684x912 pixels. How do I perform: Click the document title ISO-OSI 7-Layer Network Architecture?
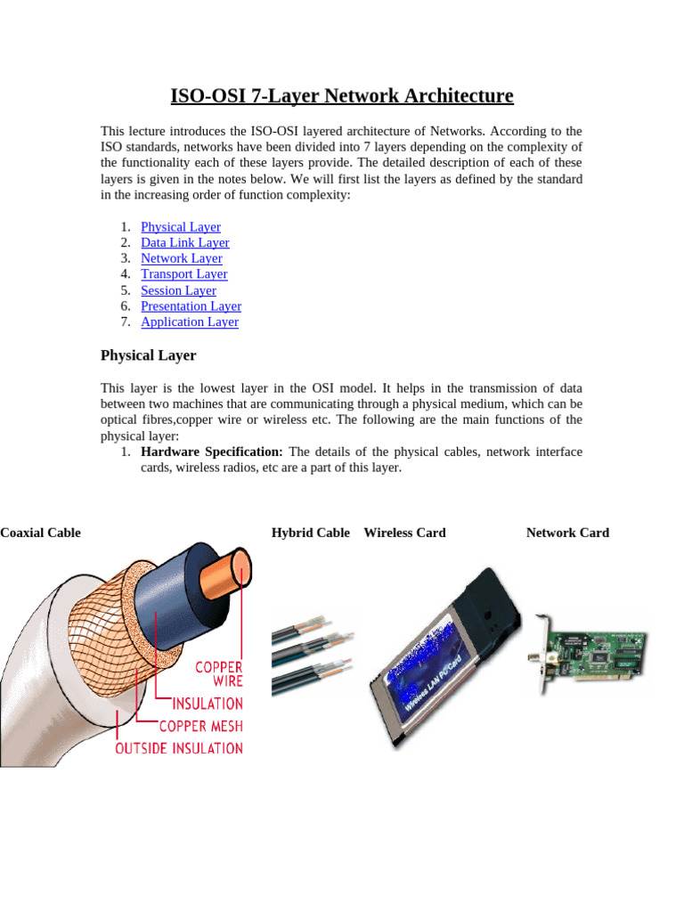342,95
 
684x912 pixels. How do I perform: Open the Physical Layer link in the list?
181,227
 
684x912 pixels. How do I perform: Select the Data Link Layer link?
185,243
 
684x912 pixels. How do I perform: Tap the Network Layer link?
182,258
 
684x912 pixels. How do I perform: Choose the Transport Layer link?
184,274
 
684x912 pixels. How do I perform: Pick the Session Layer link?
178,290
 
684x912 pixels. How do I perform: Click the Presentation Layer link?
191,306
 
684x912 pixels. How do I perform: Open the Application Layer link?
190,322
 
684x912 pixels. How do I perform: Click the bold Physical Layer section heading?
148,355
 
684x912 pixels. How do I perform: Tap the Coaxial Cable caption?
40,533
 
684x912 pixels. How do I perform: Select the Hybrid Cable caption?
311,533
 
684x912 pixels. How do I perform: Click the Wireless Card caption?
404,533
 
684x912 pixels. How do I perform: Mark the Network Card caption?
567,533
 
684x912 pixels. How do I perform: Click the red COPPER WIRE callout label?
218,673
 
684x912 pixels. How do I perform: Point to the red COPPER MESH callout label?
201,726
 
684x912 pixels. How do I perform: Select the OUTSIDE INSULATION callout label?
179,748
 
